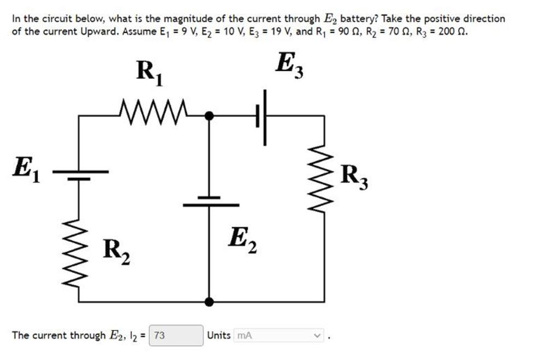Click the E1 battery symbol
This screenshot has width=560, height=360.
coord(80,174)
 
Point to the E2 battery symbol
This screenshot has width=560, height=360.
coord(209,201)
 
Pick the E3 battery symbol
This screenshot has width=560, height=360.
coord(261,117)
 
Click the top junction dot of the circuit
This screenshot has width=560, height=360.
coord(209,116)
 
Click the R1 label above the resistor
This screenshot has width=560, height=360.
coord(149,73)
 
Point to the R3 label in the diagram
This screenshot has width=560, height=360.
coord(354,176)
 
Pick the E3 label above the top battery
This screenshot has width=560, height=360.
coord(289,66)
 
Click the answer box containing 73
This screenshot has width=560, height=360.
coord(176,335)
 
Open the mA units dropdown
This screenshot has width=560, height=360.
coord(279,335)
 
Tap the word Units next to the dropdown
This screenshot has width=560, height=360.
coord(219,335)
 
